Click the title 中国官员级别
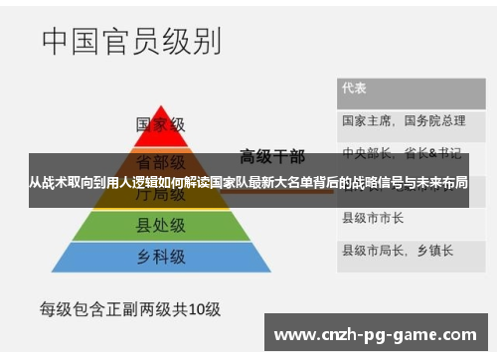pyautogui.click(x=130, y=43)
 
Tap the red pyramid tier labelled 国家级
pyautogui.click(x=160, y=126)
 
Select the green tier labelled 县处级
pyautogui.click(x=160, y=226)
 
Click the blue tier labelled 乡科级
pyautogui.click(x=160, y=257)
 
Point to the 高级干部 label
pyautogui.click(x=271, y=156)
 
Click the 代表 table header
pyautogui.click(x=355, y=88)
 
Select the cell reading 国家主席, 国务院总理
pyautogui.click(x=403, y=120)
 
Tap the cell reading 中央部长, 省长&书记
pyautogui.click(x=402, y=152)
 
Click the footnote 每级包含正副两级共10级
pyautogui.click(x=129, y=309)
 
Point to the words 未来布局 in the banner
pyautogui.click(x=444, y=183)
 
